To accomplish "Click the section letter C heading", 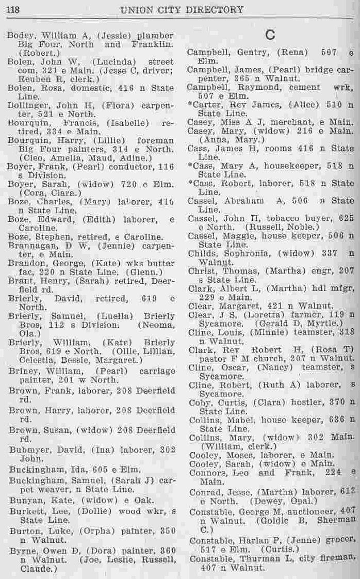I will (x=270, y=35).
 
